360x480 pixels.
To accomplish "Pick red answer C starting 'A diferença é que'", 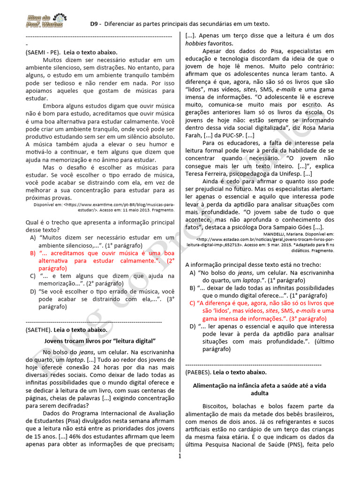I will (x=262, y=310).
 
